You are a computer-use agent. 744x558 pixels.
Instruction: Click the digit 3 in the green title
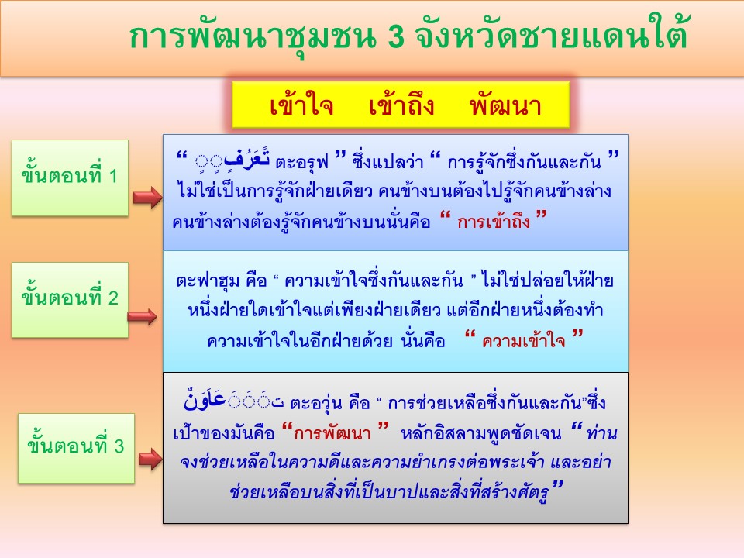pos(396,36)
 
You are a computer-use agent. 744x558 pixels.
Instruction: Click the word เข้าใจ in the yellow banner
pos(301,104)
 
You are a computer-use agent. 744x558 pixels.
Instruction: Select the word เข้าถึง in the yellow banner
pos(401,104)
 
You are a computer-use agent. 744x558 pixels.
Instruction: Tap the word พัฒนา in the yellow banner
pos(505,104)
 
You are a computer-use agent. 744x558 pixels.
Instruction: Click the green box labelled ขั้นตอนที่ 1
pos(70,178)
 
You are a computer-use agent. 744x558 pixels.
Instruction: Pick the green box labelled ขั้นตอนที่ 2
pos(70,300)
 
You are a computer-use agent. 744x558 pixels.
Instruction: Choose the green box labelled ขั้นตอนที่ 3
pos(76,449)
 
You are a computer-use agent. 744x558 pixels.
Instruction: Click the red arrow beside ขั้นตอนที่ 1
pos(147,198)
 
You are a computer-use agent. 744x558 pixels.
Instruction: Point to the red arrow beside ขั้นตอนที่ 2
pos(143,316)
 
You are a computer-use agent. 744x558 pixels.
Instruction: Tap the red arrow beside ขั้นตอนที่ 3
pos(150,459)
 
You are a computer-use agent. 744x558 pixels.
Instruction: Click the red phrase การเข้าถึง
pos(494,222)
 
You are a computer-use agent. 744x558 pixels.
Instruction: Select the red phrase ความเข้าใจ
pos(523,341)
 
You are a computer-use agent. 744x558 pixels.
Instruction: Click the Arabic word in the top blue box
pos(233,158)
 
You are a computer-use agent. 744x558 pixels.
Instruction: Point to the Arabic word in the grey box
pos(233,401)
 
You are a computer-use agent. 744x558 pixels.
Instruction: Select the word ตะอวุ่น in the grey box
pos(316,404)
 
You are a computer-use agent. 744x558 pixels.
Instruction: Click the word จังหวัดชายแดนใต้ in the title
pos(551,35)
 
